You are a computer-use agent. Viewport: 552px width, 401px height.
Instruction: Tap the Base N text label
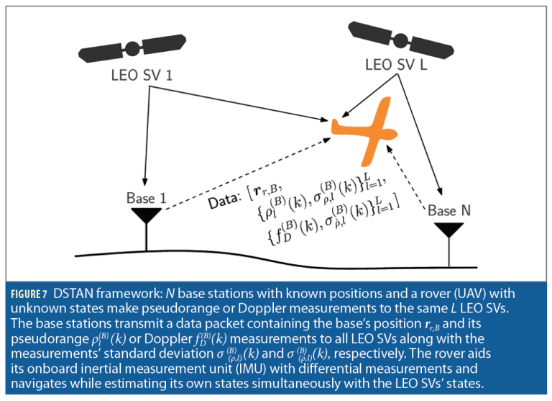450,211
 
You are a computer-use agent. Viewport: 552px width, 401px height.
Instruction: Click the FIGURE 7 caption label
29,294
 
